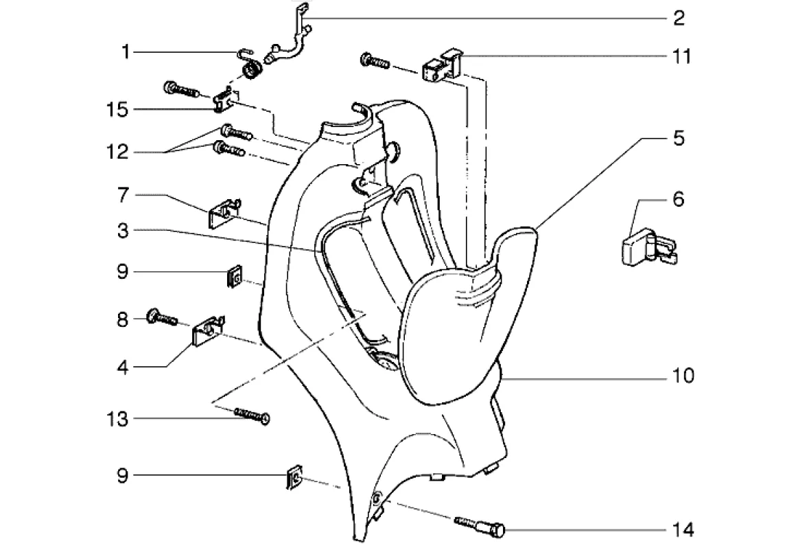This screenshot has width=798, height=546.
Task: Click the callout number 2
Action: (678, 18)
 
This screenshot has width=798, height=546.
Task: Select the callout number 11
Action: (681, 56)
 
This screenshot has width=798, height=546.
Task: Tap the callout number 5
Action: (678, 138)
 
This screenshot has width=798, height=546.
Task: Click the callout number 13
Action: (117, 419)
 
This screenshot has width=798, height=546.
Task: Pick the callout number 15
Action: (117, 110)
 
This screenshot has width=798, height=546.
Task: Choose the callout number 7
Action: (122, 196)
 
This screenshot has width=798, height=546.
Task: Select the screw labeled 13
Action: (252, 415)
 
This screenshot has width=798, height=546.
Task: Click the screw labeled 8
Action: (162, 318)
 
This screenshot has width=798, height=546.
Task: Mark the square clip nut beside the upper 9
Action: (233, 277)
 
